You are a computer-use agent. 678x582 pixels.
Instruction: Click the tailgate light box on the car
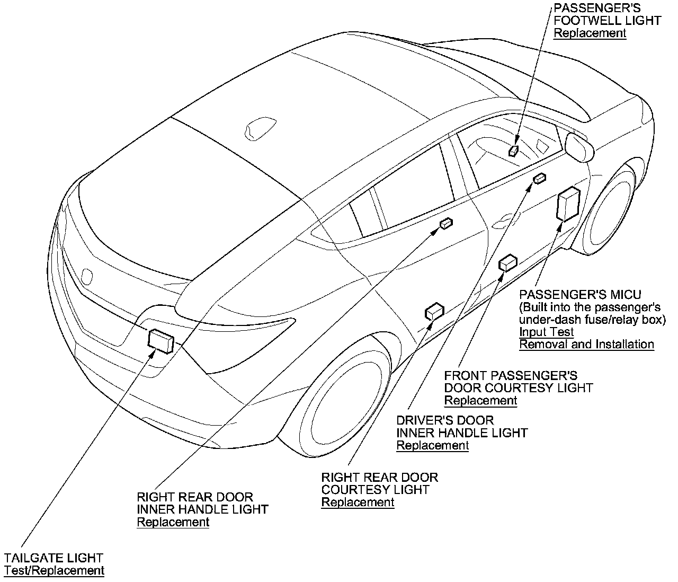(x=162, y=340)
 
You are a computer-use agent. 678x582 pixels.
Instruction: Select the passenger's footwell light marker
(x=513, y=151)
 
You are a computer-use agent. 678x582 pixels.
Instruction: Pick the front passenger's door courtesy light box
(x=508, y=262)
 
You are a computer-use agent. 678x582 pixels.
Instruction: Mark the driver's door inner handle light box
(x=539, y=179)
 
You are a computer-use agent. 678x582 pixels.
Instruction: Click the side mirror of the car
(x=579, y=146)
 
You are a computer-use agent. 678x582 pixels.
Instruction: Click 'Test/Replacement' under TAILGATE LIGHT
(x=54, y=571)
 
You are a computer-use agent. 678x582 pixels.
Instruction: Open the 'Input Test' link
(x=546, y=332)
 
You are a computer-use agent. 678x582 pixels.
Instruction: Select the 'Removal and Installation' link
(x=586, y=345)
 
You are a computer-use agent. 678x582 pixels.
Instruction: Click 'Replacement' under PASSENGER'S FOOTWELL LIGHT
(x=590, y=33)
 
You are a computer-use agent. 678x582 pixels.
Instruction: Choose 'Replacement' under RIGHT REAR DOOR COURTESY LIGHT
(x=358, y=502)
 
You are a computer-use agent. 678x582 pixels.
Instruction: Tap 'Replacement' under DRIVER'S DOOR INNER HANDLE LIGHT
(x=433, y=445)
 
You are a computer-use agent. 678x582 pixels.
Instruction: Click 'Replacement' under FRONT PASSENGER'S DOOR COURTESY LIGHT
(x=480, y=400)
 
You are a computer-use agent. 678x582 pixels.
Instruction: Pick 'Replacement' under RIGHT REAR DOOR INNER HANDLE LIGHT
(x=173, y=522)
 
